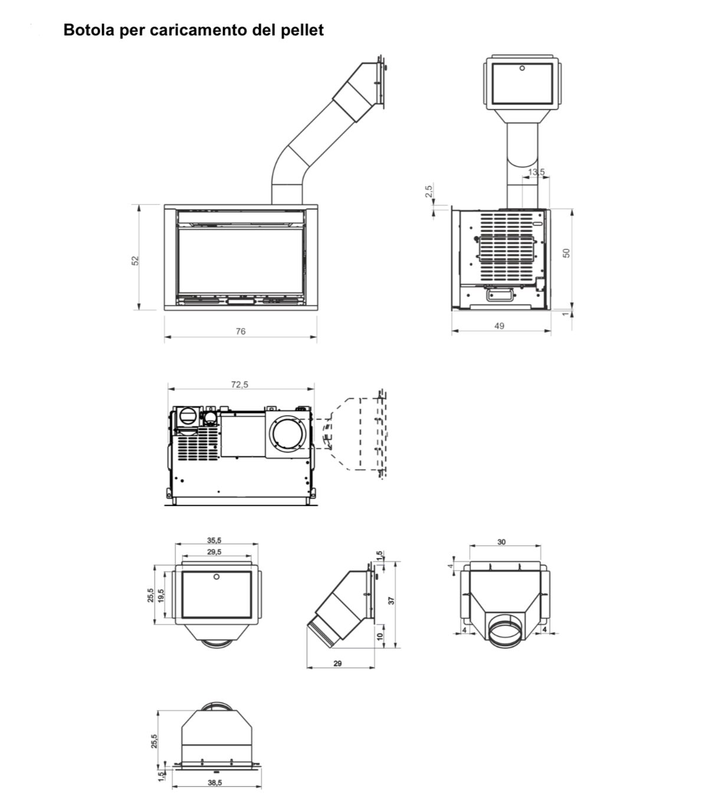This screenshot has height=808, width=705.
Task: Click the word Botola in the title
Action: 89,30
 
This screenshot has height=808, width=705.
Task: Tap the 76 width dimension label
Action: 241,331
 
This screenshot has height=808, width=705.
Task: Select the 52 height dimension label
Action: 136,261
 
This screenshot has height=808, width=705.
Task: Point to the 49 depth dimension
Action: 499,326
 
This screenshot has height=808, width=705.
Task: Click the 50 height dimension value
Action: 566,253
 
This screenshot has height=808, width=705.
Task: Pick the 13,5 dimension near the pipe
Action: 536,172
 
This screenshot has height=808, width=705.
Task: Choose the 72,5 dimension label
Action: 240,385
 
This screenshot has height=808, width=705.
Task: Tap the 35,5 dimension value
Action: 215,541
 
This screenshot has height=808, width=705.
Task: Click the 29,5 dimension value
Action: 215,552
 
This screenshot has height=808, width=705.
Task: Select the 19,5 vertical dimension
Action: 160,596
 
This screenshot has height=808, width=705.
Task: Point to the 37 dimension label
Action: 391,600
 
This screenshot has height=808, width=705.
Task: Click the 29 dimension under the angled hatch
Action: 337,664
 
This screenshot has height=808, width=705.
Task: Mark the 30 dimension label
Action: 501,542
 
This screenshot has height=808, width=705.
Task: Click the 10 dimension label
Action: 380,636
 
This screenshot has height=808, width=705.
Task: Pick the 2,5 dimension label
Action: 429,191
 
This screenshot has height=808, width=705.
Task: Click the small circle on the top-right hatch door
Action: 522,68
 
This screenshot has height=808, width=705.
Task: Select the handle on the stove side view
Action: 500,294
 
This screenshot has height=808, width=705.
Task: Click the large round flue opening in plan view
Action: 287,435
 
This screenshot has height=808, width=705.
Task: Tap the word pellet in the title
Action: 302,30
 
